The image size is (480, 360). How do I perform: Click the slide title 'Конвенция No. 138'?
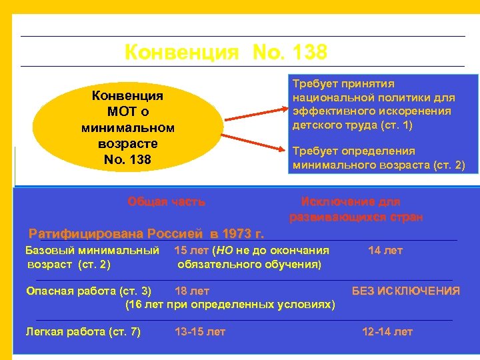coord(226,52)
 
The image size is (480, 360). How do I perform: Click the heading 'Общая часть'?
coord(166,201)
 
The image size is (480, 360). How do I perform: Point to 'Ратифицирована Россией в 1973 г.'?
coord(147,234)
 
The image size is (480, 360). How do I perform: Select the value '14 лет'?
coord(385,251)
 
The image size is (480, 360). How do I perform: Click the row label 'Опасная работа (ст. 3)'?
coord(88,291)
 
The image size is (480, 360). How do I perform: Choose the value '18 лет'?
coord(191,291)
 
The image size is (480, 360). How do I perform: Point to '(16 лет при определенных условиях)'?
coord(230,305)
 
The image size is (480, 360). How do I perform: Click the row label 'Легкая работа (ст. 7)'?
coord(83,331)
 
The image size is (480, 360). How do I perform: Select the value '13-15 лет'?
coord(200,331)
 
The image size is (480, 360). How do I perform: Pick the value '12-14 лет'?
coord(387,331)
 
